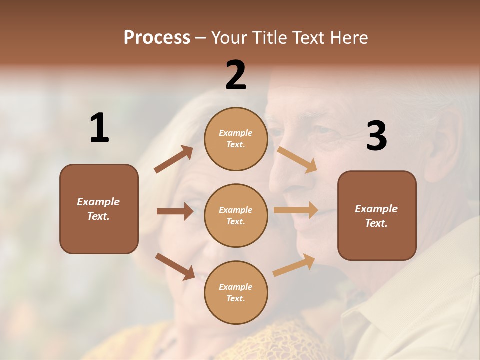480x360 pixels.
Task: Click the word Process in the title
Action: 157,37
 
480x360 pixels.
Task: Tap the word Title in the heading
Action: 268,37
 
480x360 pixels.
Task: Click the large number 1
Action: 99,128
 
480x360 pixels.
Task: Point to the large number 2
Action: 236,75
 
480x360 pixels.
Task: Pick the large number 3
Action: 376,136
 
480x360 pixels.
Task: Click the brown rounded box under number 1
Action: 99,209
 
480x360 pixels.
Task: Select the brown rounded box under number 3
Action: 377,215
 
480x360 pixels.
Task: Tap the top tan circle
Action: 236,139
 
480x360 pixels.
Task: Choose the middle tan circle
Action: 236,215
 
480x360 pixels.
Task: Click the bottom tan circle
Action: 236,292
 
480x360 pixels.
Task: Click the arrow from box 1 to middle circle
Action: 175,211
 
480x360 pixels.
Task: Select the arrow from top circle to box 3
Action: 297,159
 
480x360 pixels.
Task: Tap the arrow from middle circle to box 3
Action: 295,210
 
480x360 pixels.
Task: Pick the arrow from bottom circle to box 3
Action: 294,265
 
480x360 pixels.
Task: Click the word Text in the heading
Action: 308,37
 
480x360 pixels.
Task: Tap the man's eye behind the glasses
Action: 323,131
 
